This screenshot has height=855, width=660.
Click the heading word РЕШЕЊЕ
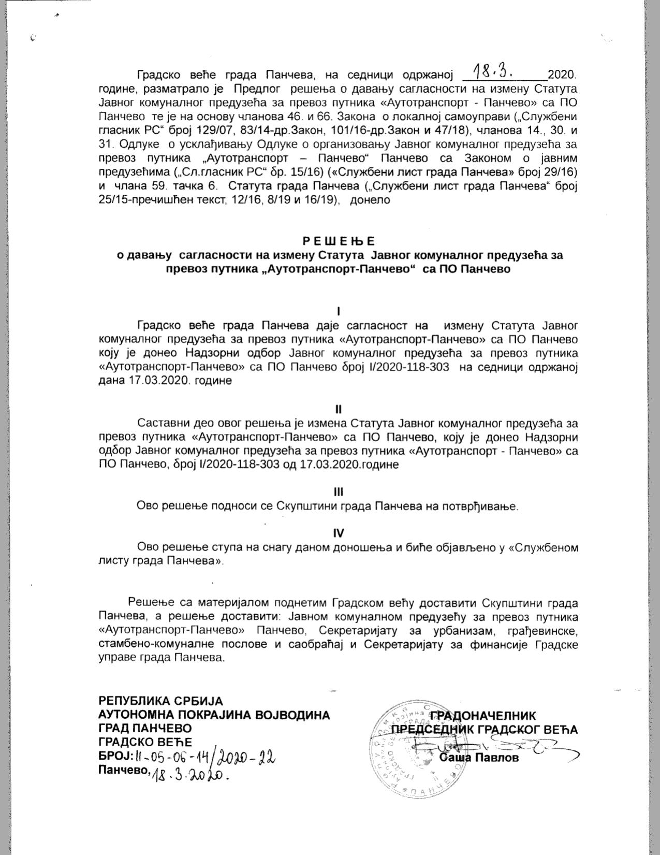click(338, 241)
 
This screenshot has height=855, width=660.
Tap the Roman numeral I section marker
click(338, 311)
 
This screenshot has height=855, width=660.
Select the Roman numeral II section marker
click(339, 409)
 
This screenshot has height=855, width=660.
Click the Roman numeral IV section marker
click(339, 533)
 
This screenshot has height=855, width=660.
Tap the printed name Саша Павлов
click(478, 758)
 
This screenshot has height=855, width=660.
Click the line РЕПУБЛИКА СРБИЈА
click(160, 701)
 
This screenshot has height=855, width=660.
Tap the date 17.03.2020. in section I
click(154, 381)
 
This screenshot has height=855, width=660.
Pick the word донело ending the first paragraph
click(370, 199)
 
